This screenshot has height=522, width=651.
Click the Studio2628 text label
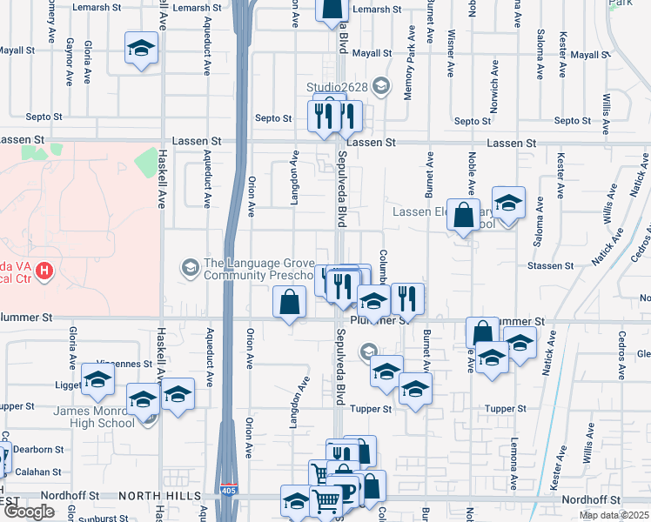click(337, 86)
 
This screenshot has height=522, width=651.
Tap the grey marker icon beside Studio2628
click(379, 85)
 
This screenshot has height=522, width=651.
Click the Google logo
click(29, 512)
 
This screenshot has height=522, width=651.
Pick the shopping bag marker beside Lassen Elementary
click(463, 214)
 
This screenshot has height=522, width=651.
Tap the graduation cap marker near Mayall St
click(140, 49)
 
